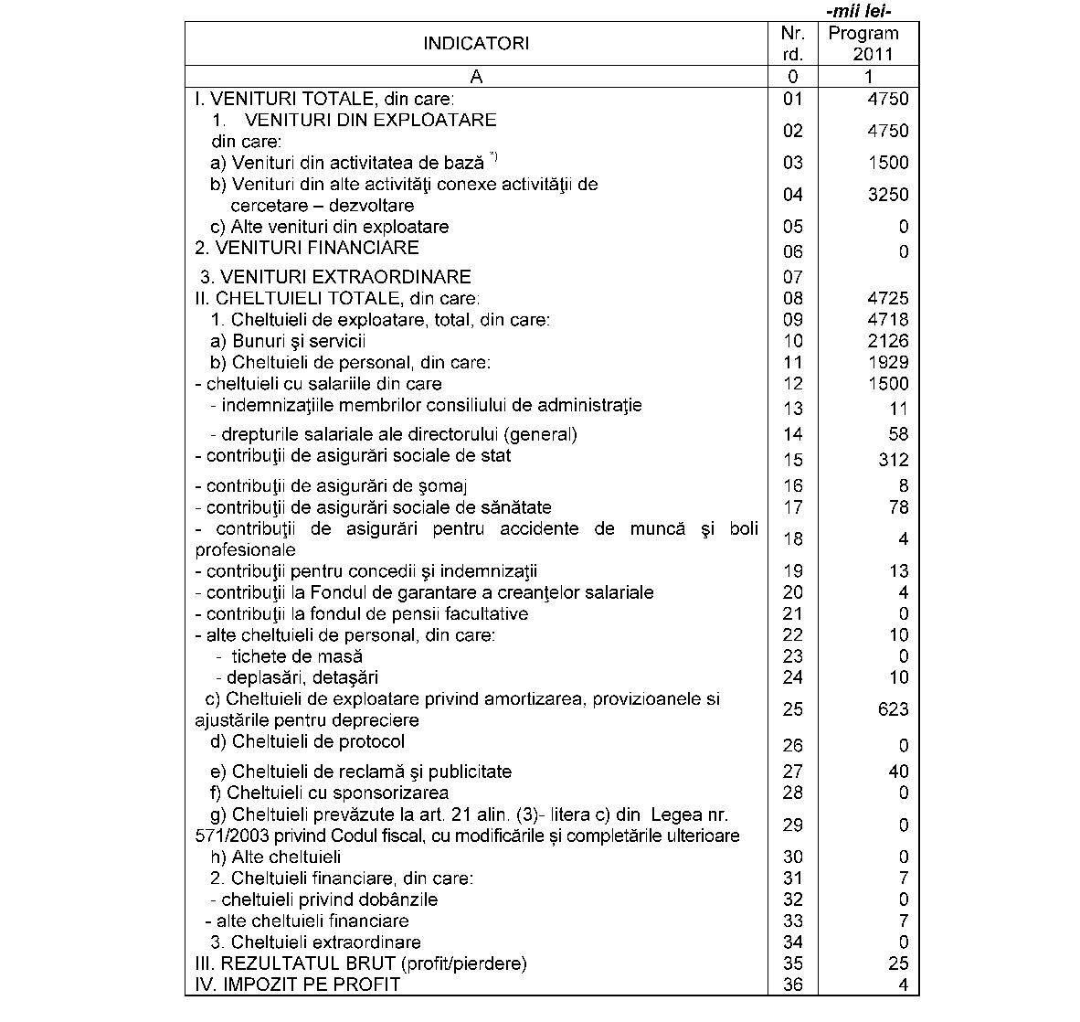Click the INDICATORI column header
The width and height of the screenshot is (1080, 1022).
point(475,44)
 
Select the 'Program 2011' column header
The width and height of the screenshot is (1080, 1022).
point(863,43)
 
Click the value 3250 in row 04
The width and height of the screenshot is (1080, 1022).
point(887,195)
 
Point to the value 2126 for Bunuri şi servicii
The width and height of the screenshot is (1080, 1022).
point(887,341)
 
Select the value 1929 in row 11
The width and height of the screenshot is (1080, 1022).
point(887,363)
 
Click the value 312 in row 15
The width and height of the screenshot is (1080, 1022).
point(893,460)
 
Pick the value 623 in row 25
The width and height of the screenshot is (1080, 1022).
point(893,709)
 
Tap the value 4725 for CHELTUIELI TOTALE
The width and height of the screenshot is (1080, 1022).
point(887,299)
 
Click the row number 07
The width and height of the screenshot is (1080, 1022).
point(792,277)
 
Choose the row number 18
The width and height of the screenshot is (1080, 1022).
point(792,539)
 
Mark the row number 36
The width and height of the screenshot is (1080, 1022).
point(792,985)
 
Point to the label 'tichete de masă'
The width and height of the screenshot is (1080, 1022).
point(296,656)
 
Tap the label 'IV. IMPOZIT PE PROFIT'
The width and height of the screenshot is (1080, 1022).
point(297,985)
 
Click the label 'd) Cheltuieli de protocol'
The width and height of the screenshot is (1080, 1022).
point(307,741)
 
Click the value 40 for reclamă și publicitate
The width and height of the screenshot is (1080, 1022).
point(898,772)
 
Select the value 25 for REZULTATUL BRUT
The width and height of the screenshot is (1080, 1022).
point(898,963)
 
